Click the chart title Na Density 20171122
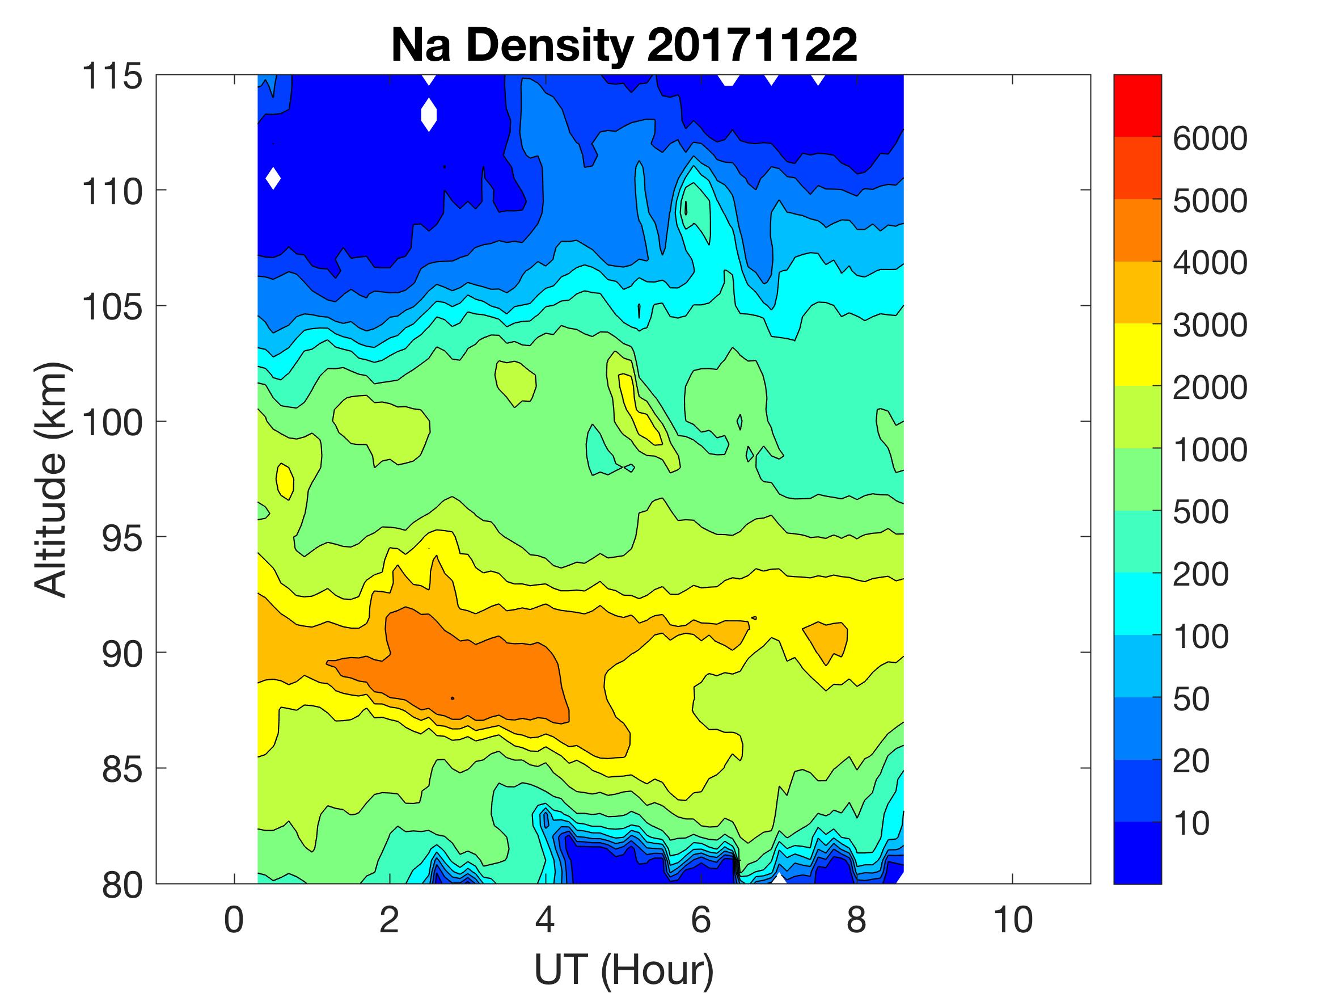point(623,45)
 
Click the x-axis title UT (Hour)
point(623,969)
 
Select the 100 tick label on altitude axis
point(112,423)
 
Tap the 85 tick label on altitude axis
point(122,769)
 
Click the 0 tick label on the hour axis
point(234,919)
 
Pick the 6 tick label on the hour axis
point(701,919)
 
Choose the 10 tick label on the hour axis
point(1013,919)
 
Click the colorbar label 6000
point(1210,138)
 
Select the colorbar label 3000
point(1210,325)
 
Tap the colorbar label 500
point(1201,512)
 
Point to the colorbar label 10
point(1191,823)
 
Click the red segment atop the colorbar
point(1137,106)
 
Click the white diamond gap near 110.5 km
point(273,178)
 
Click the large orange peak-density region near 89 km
point(472,664)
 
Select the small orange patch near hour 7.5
point(827,641)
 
